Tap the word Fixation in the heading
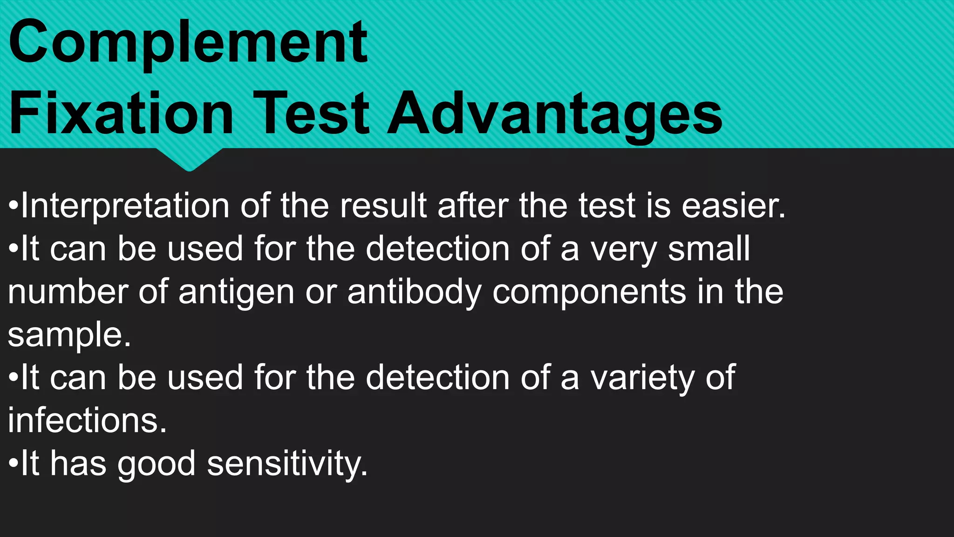click(121, 114)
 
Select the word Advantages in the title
click(554, 114)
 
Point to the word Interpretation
click(125, 206)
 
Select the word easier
click(733, 206)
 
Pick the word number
click(68, 292)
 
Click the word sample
click(69, 336)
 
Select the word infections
click(87, 420)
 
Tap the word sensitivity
click(287, 464)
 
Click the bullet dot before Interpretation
click(14, 206)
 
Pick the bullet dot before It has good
click(14, 463)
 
